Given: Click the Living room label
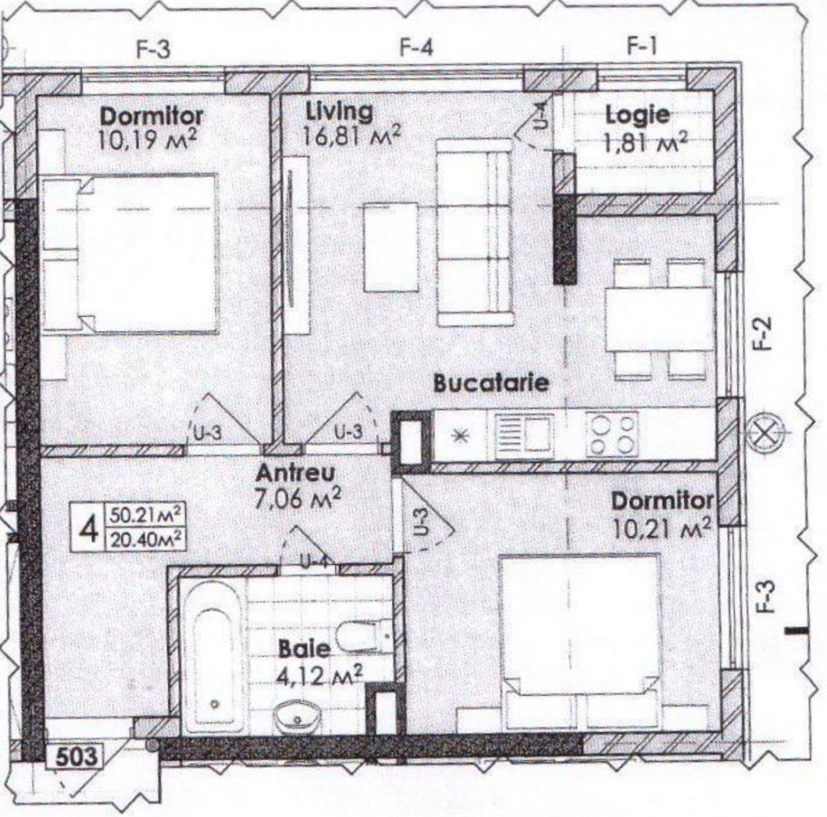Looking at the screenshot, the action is pos(339,112).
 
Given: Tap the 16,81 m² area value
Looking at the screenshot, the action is pos(351,137).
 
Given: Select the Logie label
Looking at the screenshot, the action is pos(637,115).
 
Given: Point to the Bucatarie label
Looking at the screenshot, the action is pos(491,383).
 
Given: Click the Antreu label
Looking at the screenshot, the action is pos(295,474).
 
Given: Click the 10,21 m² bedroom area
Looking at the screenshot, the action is pos(661,528).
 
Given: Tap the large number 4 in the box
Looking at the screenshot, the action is pos(89,527).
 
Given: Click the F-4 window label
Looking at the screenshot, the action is pos(416,48).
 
